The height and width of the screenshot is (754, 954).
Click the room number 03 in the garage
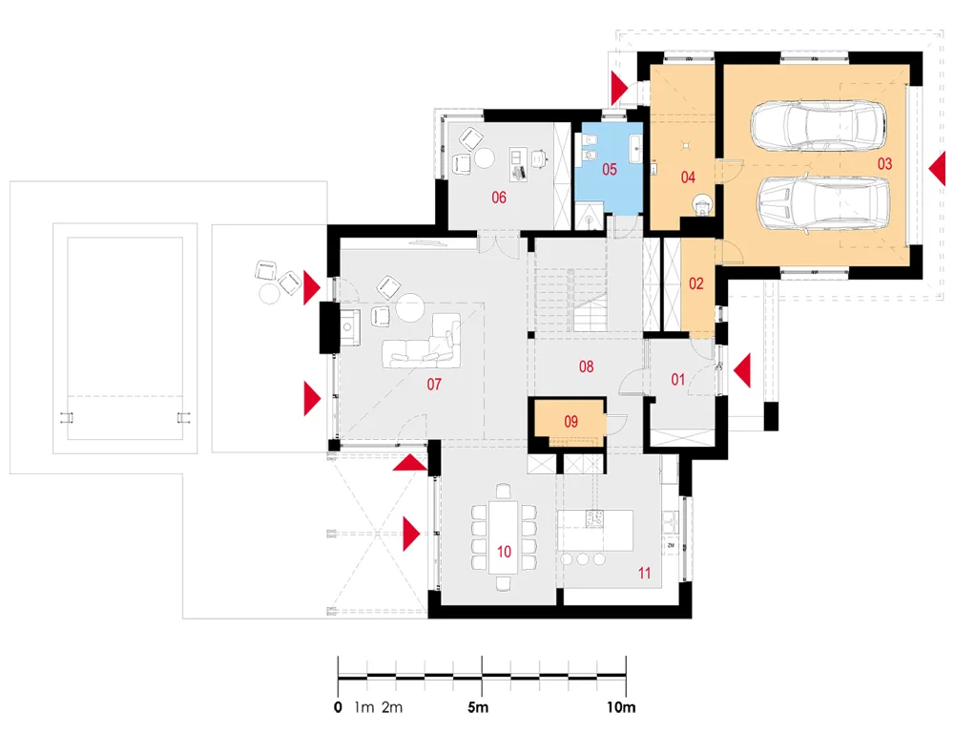[x=884, y=164]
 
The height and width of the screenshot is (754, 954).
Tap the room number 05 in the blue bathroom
[x=609, y=169]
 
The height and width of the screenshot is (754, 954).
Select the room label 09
[x=570, y=422]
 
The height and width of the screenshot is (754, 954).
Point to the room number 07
[x=434, y=384]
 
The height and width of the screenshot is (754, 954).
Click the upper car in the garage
[x=818, y=125]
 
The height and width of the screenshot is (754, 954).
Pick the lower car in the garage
[x=823, y=204]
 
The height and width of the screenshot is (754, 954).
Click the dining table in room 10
[x=503, y=536]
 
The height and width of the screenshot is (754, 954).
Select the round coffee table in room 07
[x=410, y=307]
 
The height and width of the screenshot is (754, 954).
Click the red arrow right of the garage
[x=938, y=169]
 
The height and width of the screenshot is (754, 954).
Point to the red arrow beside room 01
[x=742, y=370]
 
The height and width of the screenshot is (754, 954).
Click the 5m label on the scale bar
[x=478, y=707]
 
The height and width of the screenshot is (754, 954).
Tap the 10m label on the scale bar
[x=621, y=707]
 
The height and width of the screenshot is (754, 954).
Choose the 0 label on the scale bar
[x=339, y=707]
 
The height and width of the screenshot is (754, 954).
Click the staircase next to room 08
[x=570, y=300]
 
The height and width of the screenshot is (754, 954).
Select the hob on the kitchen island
[x=594, y=519]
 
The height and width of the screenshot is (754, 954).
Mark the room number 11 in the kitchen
[x=644, y=573]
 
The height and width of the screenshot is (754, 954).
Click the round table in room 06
[x=485, y=158]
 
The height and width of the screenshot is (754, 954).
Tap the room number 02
[x=696, y=283]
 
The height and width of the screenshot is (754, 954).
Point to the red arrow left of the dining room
[x=411, y=534]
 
